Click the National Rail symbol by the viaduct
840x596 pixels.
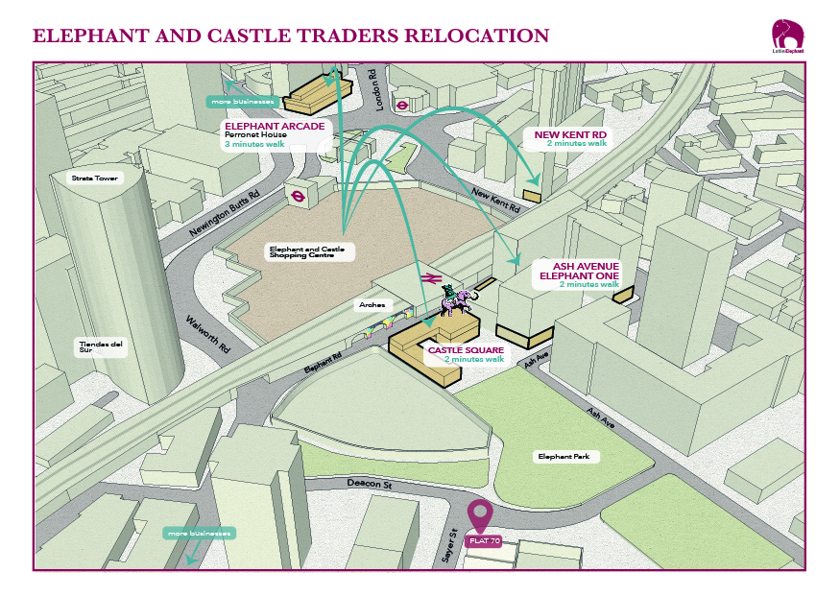(x=428, y=278)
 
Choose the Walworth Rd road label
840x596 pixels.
(x=209, y=335)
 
